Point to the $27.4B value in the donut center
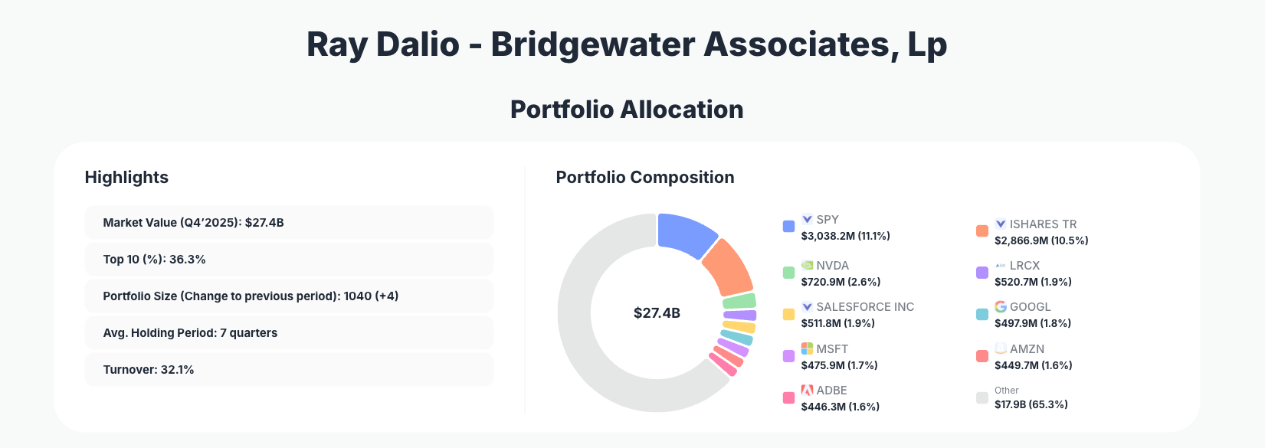(x=657, y=312)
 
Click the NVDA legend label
(x=832, y=265)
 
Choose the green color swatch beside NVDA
(x=788, y=273)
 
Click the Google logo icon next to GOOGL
(x=1001, y=306)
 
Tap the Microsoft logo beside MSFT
(x=807, y=348)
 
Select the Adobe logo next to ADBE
(x=807, y=390)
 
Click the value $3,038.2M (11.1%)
(x=845, y=236)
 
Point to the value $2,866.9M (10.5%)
(x=1041, y=240)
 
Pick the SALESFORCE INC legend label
(x=865, y=306)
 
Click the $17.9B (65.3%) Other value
(x=1031, y=404)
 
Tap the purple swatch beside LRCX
(x=982, y=273)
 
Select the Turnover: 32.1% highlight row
(x=289, y=369)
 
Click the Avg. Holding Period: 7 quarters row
(x=289, y=332)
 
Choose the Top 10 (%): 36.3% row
(x=289, y=259)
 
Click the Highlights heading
(x=126, y=177)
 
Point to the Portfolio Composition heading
(x=644, y=177)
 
